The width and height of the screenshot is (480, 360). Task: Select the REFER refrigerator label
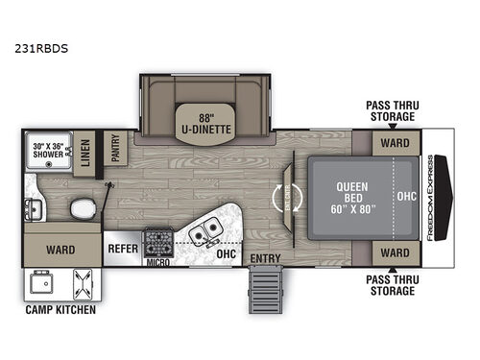pyautogui.click(x=122, y=247)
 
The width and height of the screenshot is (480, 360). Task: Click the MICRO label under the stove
pyautogui.click(x=156, y=260)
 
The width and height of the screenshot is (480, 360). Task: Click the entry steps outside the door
pyautogui.click(x=265, y=287)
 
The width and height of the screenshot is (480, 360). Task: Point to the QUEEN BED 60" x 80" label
pyautogui.click(x=343, y=198)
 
